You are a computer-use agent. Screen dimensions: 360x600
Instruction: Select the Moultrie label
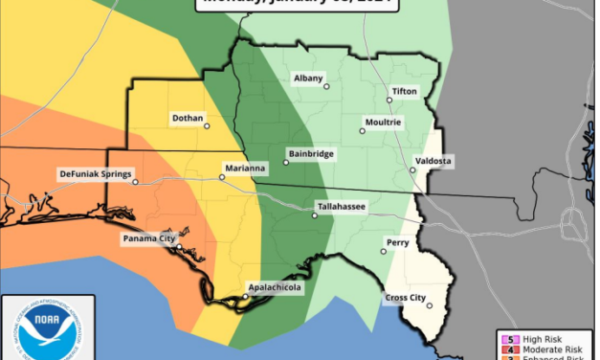382,123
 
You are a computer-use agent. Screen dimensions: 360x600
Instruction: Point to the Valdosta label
433,161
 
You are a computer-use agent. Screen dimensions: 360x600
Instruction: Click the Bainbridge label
310,153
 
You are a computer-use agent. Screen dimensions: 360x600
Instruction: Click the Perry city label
397,242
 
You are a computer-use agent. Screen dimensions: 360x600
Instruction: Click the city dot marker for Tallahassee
315,216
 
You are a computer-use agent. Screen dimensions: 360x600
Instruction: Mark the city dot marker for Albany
327,86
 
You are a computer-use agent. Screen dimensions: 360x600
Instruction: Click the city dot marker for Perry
384,252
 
